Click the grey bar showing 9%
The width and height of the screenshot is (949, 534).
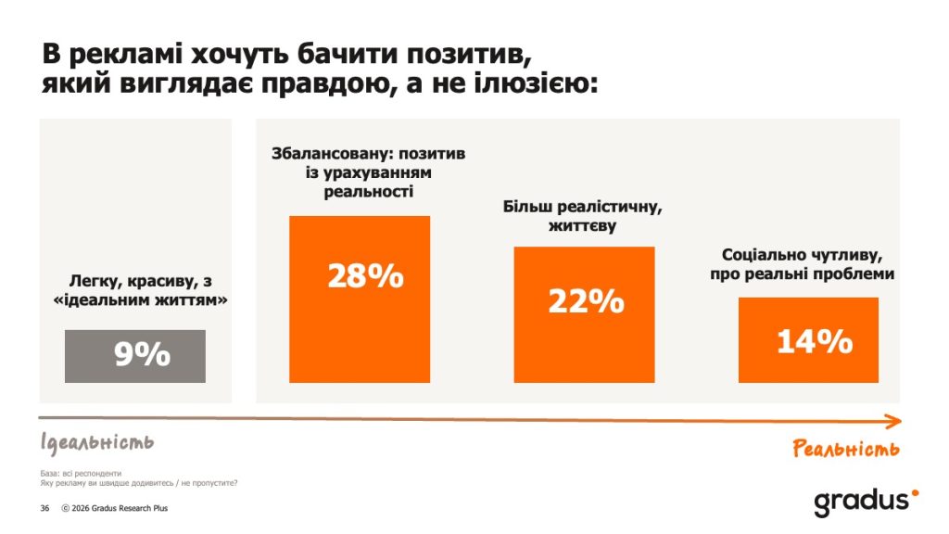(135, 355)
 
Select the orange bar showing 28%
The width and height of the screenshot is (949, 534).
(360, 299)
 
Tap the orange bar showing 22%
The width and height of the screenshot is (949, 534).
(584, 314)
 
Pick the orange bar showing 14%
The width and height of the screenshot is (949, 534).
(808, 339)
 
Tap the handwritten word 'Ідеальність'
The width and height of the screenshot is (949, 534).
(96, 441)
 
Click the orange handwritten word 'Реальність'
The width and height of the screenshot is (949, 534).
(846, 450)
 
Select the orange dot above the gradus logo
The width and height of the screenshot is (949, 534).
(915, 493)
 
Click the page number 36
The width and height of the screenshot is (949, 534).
(44, 508)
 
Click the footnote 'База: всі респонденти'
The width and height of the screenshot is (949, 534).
(80, 473)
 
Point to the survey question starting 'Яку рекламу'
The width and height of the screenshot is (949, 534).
(138, 483)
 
